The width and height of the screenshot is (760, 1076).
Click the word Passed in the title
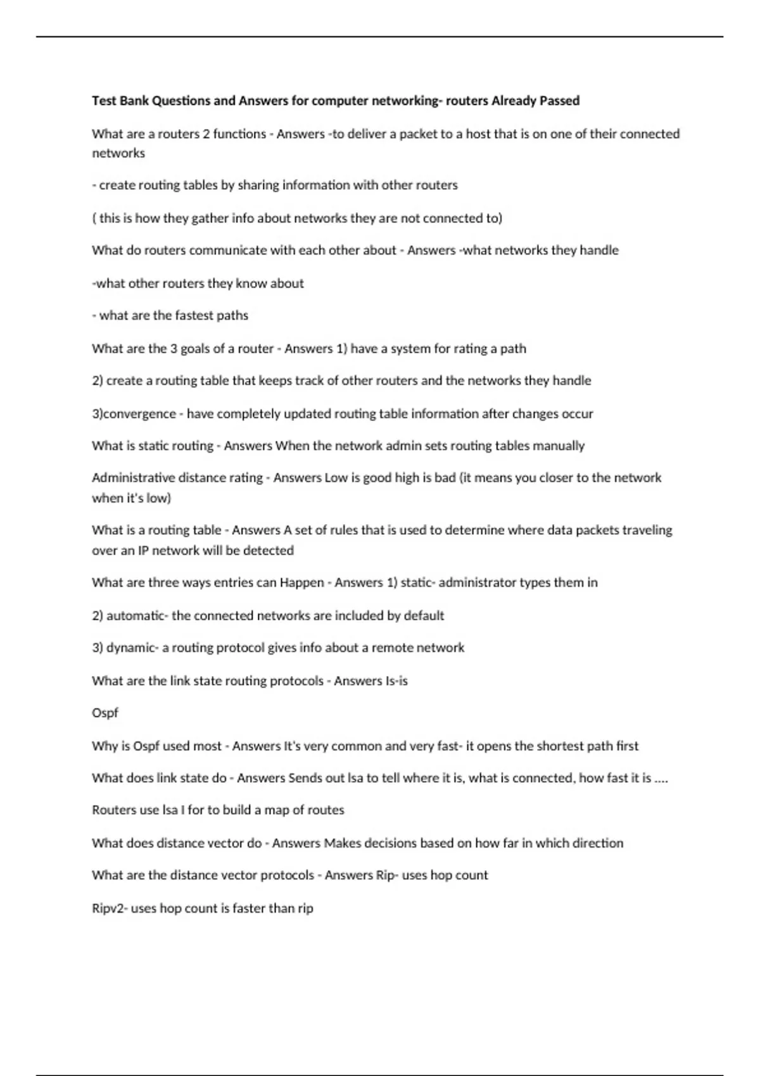point(559,101)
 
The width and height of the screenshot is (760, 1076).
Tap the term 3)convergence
point(134,414)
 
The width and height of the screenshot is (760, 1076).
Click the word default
point(424,616)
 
